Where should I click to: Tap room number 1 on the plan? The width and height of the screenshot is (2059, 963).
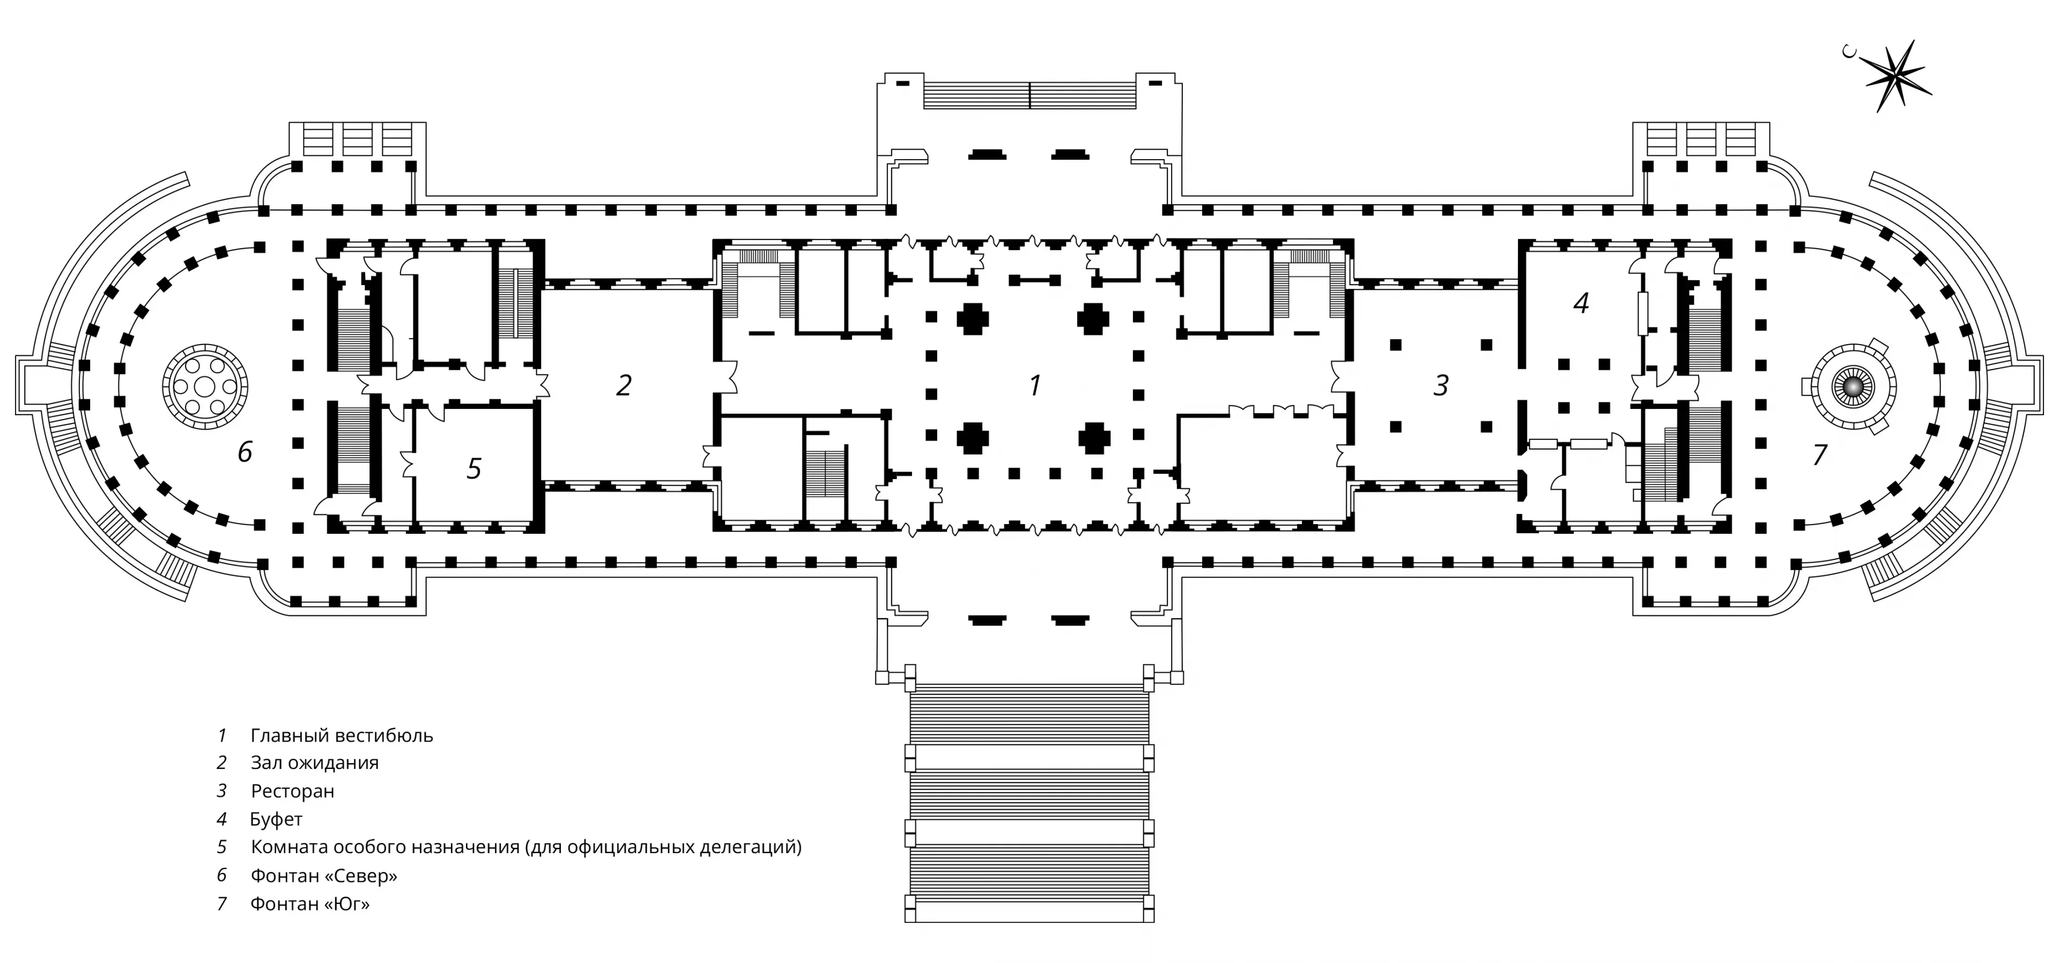pyautogui.click(x=1035, y=385)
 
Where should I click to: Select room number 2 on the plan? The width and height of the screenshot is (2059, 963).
pyautogui.click(x=624, y=385)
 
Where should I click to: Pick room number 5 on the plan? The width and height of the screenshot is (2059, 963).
pyautogui.click(x=474, y=468)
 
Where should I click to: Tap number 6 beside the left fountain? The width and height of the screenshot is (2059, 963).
pyautogui.click(x=245, y=452)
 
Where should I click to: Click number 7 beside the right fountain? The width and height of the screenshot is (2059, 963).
pyautogui.click(x=1820, y=454)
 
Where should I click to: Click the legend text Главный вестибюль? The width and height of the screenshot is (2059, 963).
pyautogui.click(x=342, y=735)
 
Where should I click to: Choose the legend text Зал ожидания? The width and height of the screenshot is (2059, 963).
pyautogui.click(x=314, y=763)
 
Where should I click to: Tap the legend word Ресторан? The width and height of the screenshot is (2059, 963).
pyautogui.click(x=293, y=791)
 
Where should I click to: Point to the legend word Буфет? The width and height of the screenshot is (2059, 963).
pyautogui.click(x=277, y=819)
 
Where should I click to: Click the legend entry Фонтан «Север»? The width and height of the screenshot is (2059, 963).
pyautogui.click(x=324, y=876)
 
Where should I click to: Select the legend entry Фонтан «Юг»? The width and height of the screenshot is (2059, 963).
pyautogui.click(x=310, y=904)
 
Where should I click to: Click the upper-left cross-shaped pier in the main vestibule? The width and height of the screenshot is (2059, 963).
pyautogui.click(x=972, y=319)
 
